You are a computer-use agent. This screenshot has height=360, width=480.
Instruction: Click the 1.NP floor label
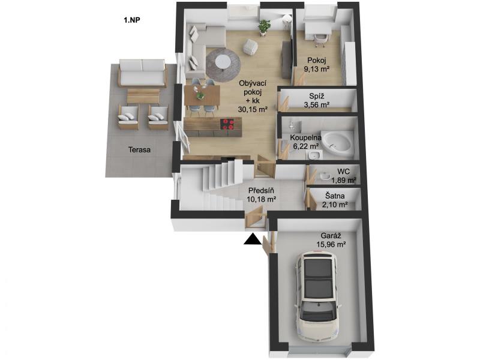pos(132,20)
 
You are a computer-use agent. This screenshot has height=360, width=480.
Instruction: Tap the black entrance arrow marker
pos(253,239)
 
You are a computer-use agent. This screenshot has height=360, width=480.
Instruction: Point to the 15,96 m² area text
pos(331,244)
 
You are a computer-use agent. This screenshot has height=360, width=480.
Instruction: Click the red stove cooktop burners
pos(228,124)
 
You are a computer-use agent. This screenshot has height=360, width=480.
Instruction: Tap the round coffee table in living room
pos(223,62)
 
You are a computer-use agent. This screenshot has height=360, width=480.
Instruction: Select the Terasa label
pos(140,150)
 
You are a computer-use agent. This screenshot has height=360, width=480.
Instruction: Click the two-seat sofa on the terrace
pos(142,73)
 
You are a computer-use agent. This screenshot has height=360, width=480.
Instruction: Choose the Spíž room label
pos(317,96)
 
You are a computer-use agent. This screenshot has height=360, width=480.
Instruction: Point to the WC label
pos(343,172)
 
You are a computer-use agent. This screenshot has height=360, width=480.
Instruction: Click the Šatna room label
pos(335,196)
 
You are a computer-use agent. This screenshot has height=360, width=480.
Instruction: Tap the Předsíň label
pos(261,190)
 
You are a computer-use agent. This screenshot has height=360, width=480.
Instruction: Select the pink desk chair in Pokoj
pos(321,40)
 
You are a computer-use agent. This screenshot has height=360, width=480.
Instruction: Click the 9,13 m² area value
pos(317,68)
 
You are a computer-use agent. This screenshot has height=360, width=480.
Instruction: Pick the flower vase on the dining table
pos(200,94)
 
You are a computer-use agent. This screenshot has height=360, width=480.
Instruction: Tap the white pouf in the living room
pos(250,47)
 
